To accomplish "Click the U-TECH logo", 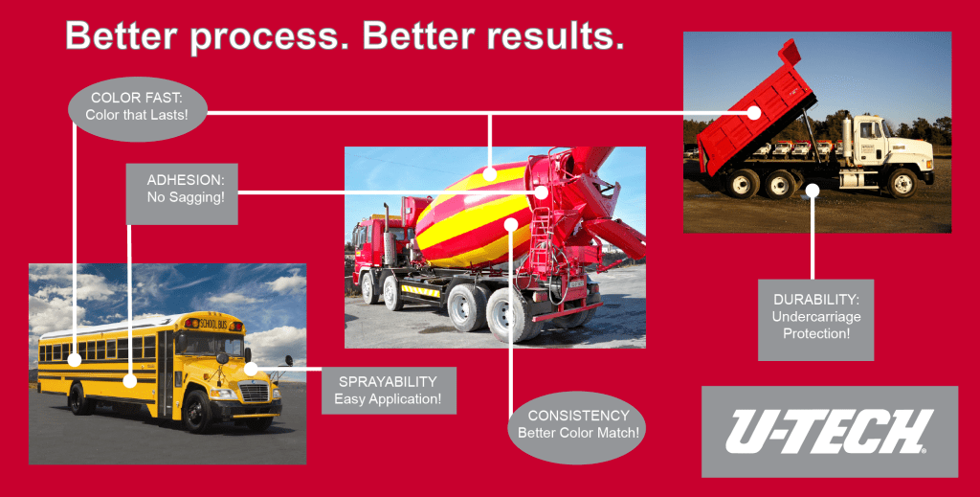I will tap(829, 431).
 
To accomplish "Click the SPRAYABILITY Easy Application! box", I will tap(388, 389).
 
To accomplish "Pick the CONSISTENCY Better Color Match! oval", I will tap(577, 424).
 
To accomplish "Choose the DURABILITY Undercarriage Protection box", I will tap(815, 320).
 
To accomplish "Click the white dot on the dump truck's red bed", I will tap(754, 113).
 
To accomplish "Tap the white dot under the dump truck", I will tap(812, 191).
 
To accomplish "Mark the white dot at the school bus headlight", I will tap(250, 368).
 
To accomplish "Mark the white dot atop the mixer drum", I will tap(490, 174).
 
